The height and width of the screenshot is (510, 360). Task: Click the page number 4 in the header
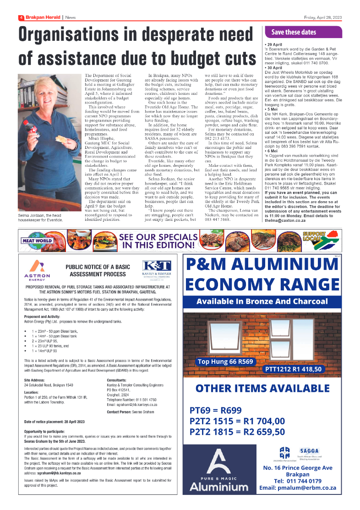[21, 17]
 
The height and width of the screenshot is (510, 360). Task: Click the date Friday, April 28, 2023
[323, 17]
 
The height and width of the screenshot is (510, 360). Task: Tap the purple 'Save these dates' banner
[303, 32]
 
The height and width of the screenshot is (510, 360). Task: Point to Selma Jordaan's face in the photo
[44, 95]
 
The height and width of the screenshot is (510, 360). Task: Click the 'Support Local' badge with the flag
[320, 239]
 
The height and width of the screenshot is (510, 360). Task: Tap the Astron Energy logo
[37, 270]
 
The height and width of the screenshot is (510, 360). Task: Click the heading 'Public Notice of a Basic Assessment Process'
[95, 270]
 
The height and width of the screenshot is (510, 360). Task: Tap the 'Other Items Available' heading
[262, 389]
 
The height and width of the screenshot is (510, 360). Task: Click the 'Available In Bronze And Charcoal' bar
[262, 301]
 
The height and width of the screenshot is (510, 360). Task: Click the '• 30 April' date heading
[274, 67]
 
